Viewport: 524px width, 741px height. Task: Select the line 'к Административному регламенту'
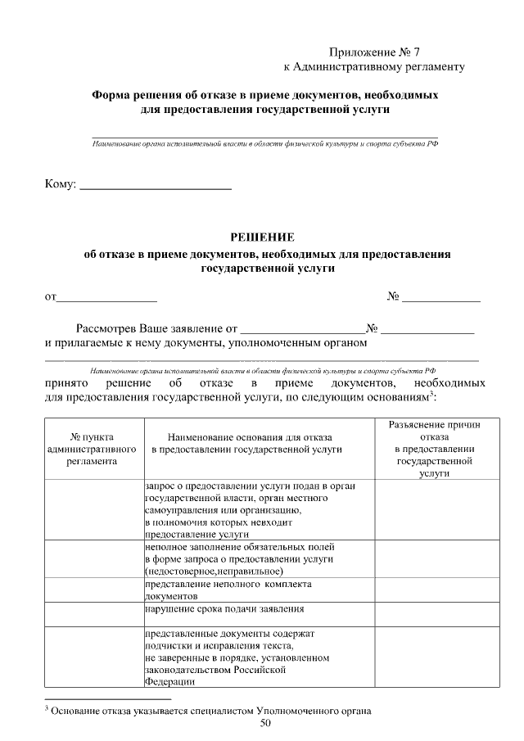point(373,66)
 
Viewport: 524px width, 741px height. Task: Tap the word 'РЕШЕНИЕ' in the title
point(262,237)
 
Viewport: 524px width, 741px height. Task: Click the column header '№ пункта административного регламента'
point(93,449)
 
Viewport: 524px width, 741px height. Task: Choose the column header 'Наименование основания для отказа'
point(258,443)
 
